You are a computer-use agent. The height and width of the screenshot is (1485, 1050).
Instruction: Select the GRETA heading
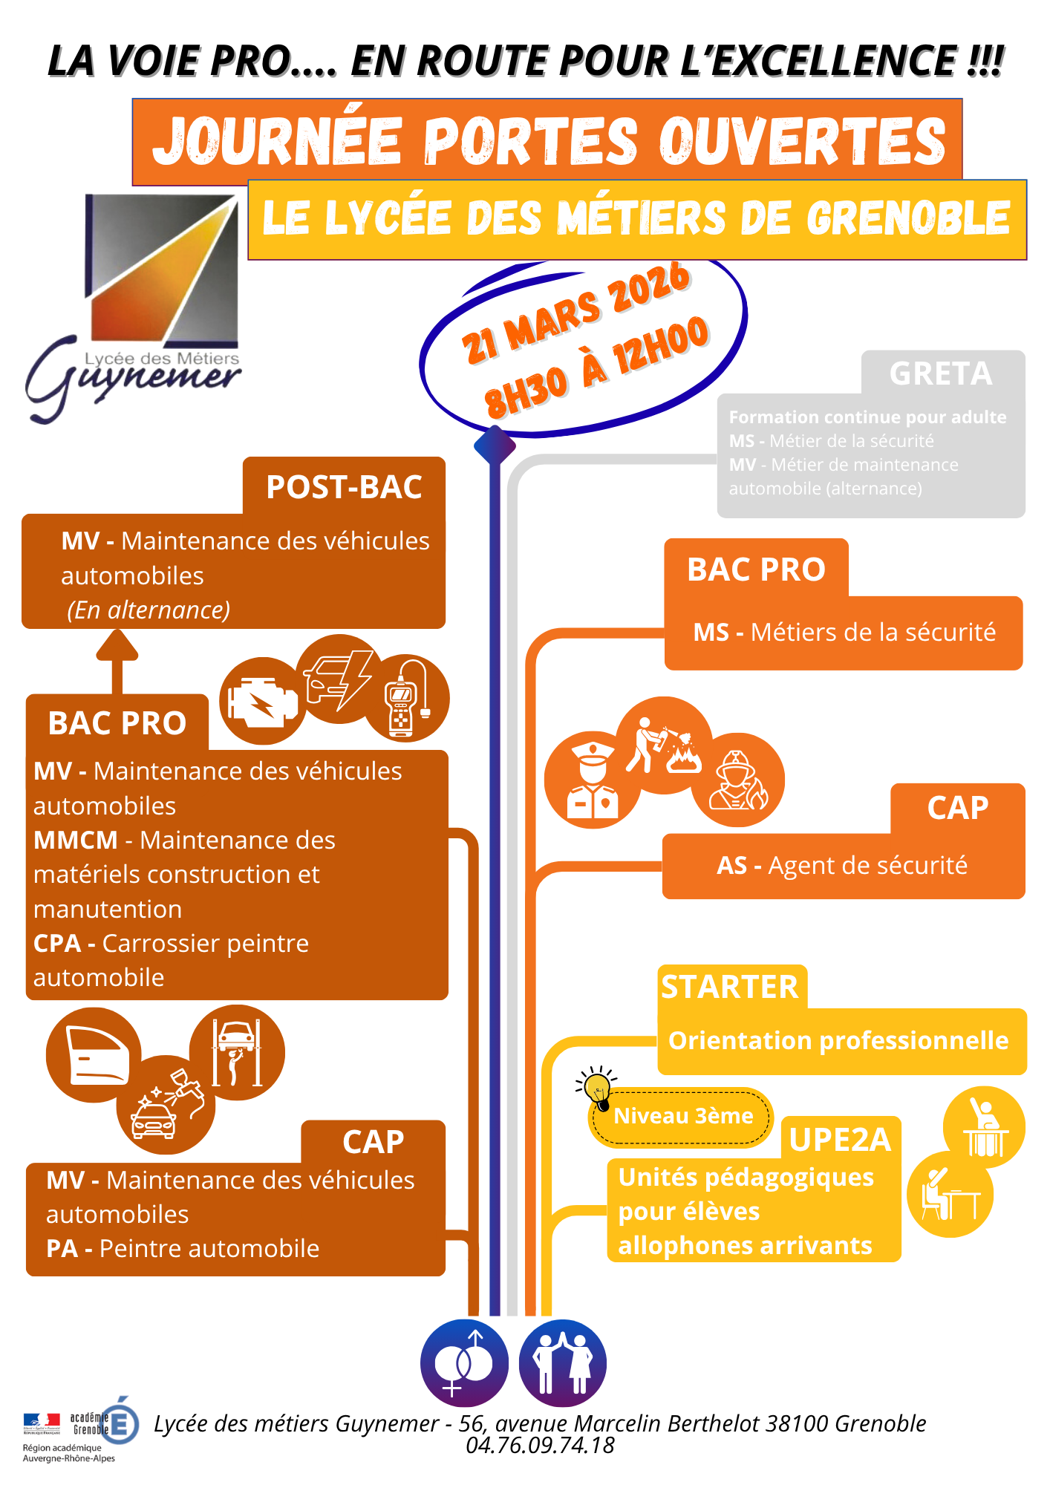tap(941, 373)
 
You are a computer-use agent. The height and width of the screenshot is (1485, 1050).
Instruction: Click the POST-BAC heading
tap(344, 487)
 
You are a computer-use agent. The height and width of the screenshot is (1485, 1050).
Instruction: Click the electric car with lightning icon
tap(339, 678)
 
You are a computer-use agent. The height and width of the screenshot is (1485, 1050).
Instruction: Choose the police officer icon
tap(591, 780)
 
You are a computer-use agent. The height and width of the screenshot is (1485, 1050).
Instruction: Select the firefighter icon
tap(737, 780)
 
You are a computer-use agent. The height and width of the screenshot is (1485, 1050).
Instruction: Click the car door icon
tap(94, 1054)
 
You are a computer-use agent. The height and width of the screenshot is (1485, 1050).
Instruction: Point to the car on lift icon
tap(237, 1052)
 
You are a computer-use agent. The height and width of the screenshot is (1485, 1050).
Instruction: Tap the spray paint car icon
tap(166, 1105)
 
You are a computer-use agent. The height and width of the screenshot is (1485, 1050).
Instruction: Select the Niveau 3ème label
tap(683, 1116)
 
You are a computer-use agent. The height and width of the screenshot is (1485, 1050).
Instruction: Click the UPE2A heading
tap(840, 1140)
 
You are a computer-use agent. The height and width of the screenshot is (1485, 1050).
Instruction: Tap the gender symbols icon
tap(464, 1363)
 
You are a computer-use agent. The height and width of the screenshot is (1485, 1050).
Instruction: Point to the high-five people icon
tap(562, 1363)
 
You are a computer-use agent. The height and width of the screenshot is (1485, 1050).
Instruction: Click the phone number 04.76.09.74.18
tap(540, 1445)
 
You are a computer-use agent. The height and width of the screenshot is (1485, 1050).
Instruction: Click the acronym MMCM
tap(76, 840)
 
